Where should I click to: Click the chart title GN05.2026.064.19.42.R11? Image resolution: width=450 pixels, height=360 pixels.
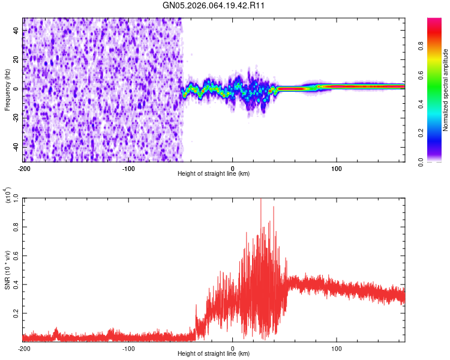tap(215, 5)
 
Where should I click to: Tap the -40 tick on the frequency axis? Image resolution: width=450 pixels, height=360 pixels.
tap(16, 146)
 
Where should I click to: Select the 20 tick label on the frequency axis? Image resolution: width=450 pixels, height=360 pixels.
tap(17, 60)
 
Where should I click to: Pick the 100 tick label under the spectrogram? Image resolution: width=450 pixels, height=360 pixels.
tap(337, 168)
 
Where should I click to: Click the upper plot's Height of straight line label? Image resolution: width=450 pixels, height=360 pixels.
tap(214, 174)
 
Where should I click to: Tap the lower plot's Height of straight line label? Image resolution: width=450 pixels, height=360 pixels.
tap(214, 353)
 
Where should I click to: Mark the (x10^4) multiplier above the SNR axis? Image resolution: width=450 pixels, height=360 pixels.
tap(7, 196)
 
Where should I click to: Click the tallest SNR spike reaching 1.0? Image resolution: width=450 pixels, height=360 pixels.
tap(260, 200)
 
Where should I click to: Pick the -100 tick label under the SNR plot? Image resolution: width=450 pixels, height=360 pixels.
tap(128, 348)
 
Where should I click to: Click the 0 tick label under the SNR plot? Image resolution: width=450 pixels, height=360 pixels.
tap(233, 348)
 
